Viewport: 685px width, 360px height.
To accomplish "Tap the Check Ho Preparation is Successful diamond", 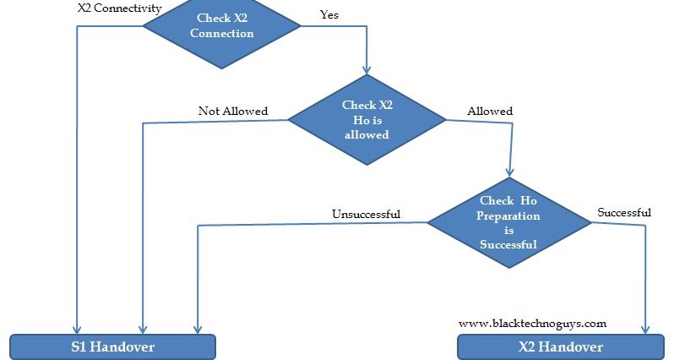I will click(x=508, y=223).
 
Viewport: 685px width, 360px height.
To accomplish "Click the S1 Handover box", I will click(x=112, y=347).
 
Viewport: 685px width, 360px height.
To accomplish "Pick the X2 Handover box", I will click(x=560, y=347).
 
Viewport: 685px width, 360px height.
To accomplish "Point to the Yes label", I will click(x=329, y=15).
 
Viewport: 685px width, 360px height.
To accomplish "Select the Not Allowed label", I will click(x=232, y=111).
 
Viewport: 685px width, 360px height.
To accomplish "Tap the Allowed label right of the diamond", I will click(x=490, y=111).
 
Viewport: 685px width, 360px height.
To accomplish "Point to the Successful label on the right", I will click(x=623, y=212).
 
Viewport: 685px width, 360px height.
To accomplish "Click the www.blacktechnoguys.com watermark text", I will click(x=532, y=324).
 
